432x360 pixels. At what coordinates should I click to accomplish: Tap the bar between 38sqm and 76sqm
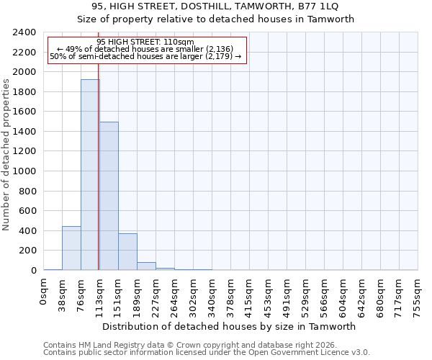pyautogui.click(x=71, y=248)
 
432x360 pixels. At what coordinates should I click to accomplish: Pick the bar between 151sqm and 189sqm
pyautogui.click(x=127, y=252)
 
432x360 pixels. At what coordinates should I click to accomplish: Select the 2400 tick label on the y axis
pyautogui.click(x=24, y=32)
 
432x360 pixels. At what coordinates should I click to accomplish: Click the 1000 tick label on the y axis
pyautogui.click(x=24, y=171)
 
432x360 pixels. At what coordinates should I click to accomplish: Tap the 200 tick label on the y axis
pyautogui.click(x=27, y=251)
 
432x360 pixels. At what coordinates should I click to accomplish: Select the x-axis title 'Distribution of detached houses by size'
pyautogui.click(x=230, y=326)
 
